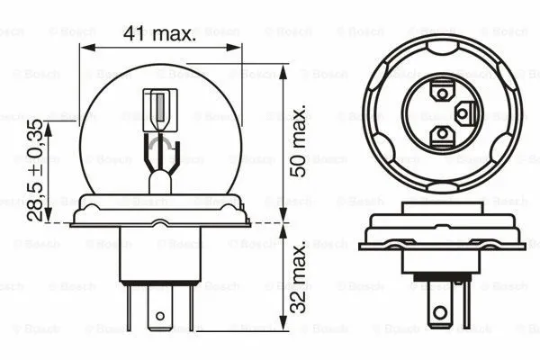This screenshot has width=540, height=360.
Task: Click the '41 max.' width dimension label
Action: [x=159, y=35]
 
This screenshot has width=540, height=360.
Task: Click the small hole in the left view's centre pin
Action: [x=160, y=316]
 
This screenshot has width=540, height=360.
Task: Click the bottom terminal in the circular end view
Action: [x=441, y=135]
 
